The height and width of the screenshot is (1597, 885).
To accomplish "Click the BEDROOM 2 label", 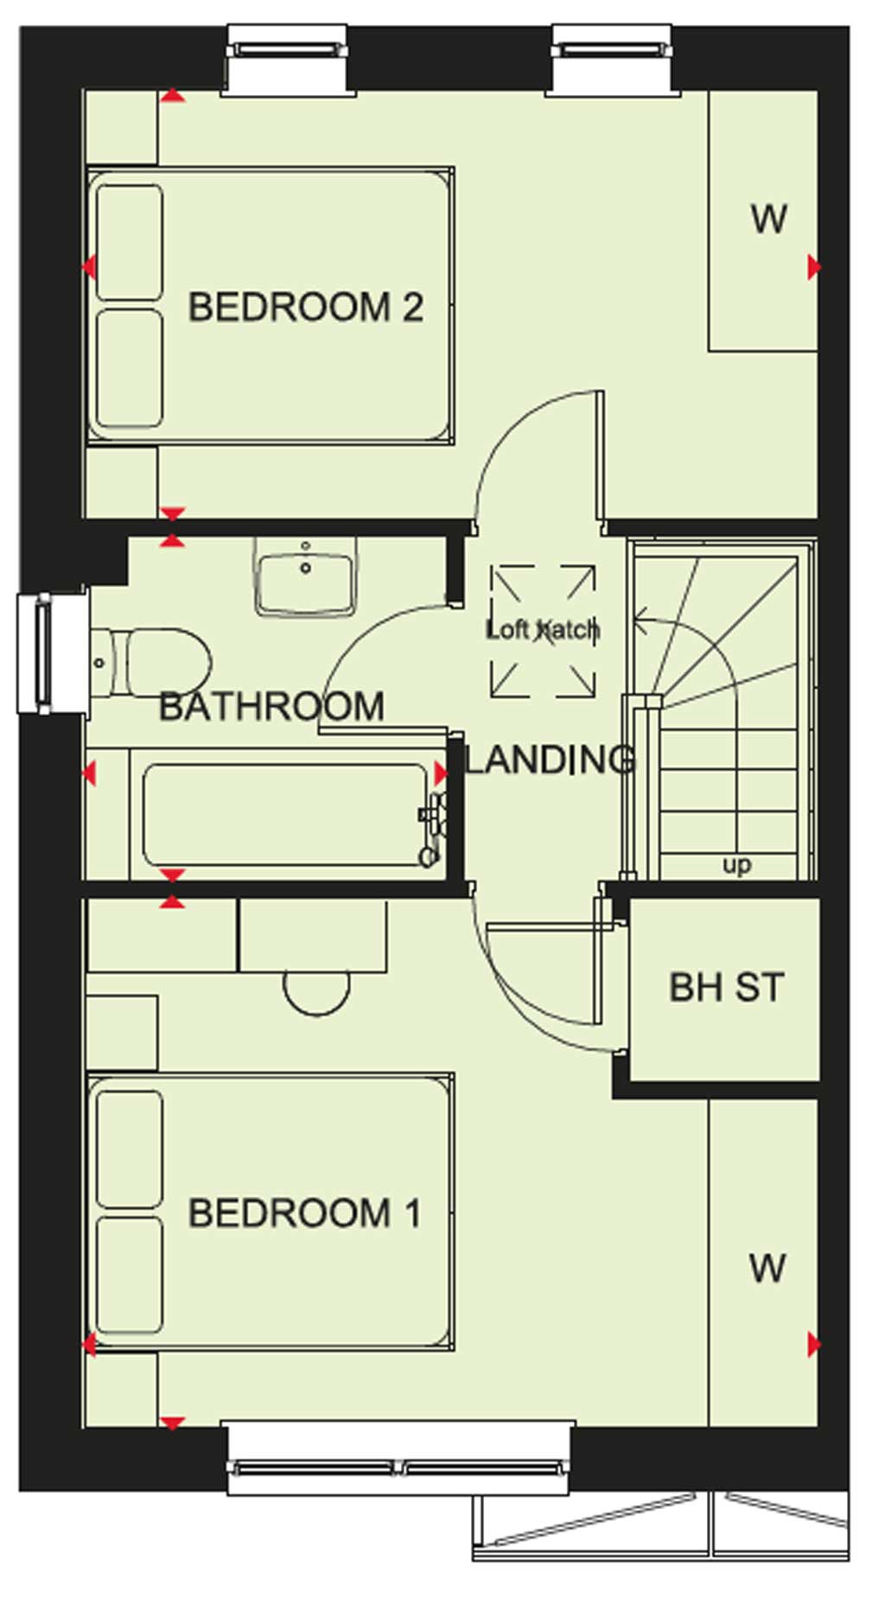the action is [306, 308].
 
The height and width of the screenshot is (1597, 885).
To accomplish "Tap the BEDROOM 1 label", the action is [305, 1213].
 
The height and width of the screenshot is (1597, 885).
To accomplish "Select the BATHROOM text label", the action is [271, 707].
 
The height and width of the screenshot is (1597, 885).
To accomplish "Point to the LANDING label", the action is [551, 760].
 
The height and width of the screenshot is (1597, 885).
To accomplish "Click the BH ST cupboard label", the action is [727, 987].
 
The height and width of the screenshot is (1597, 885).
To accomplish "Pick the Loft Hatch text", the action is [543, 629].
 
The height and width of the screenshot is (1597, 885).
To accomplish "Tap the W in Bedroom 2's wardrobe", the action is [768, 220].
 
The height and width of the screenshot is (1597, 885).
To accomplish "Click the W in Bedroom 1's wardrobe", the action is [767, 1269].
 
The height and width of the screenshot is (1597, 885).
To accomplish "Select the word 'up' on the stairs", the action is [736, 865].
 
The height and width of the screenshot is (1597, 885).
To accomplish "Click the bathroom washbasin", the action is [305, 576].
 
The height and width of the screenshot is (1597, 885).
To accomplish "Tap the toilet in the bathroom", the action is [152, 663].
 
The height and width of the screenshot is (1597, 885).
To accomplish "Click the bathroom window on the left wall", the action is [52, 652].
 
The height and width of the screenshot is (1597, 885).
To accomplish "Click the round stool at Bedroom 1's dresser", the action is [317, 992].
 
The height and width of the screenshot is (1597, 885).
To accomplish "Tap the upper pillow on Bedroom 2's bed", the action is [130, 242].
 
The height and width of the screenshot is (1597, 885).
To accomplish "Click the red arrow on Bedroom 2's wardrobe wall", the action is [814, 268].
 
